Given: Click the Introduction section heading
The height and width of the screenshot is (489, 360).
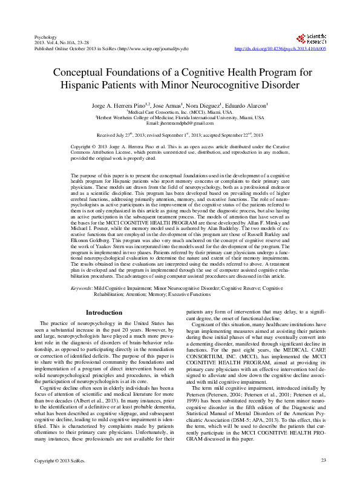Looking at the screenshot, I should [104, 313].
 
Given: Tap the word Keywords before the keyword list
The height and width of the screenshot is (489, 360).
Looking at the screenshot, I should [81, 288].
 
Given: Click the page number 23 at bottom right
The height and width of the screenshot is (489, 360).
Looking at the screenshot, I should [323, 479].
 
